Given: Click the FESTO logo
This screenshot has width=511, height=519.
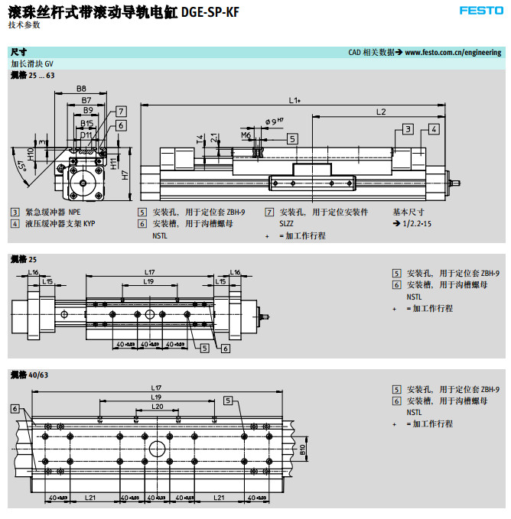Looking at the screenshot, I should pyautogui.click(x=481, y=10).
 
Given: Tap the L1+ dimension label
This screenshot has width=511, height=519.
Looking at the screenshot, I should pyautogui.click(x=295, y=100).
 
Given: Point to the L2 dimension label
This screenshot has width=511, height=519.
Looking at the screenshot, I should pyautogui.click(x=381, y=112).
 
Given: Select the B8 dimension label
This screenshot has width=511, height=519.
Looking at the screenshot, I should pyautogui.click(x=81, y=89).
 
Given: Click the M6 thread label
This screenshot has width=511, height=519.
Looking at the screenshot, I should pyautogui.click(x=246, y=135).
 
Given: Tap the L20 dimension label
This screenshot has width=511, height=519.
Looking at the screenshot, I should pyautogui.click(x=157, y=407).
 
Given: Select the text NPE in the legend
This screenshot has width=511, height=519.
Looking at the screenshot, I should pyautogui.click(x=74, y=212).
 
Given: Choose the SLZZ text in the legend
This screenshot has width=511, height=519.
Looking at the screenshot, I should pyautogui.click(x=286, y=223).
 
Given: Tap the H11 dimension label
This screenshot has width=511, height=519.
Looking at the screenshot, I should pyautogui.click(x=113, y=162).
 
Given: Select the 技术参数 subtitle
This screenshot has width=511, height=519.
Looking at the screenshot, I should pyautogui.click(x=24, y=24).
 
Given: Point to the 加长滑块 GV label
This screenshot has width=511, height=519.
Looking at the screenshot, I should pyautogui.click(x=32, y=64).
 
